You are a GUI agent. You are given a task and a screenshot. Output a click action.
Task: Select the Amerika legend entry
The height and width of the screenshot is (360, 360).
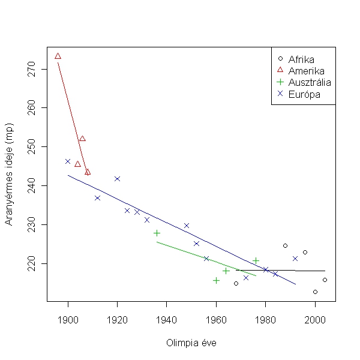[305, 71]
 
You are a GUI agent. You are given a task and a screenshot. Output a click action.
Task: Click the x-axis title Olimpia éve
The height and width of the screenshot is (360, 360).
[191, 343]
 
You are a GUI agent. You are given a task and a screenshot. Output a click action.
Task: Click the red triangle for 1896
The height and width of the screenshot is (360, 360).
[58, 56]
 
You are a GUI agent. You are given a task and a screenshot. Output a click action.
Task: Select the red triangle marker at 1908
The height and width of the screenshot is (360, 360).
[88, 172]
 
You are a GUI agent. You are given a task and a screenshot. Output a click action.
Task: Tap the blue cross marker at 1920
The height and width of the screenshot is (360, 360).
[117, 179]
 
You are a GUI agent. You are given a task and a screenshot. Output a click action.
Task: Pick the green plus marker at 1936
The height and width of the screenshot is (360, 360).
[157, 233]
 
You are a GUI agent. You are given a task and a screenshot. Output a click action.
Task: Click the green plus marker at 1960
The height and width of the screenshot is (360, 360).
[216, 280]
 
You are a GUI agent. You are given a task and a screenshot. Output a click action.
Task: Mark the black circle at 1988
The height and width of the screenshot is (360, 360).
[285, 245]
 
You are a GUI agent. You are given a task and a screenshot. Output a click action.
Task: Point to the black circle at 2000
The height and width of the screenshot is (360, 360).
[315, 292]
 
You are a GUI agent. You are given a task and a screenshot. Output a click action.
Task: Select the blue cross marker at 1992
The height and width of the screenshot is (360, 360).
[295, 259]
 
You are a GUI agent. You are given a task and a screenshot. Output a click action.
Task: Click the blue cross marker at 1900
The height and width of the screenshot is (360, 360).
[68, 161]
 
